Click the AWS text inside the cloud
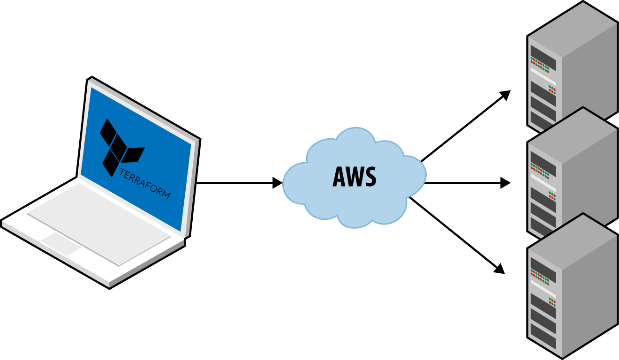pos(354,178)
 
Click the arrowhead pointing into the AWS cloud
pos(278,183)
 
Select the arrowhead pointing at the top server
pos(506,94)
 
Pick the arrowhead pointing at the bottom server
pos(500,269)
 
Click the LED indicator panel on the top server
pos(543,63)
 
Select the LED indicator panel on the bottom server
pos(543,277)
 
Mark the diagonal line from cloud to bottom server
pos(453,232)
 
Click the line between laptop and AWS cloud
pos(234,183)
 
